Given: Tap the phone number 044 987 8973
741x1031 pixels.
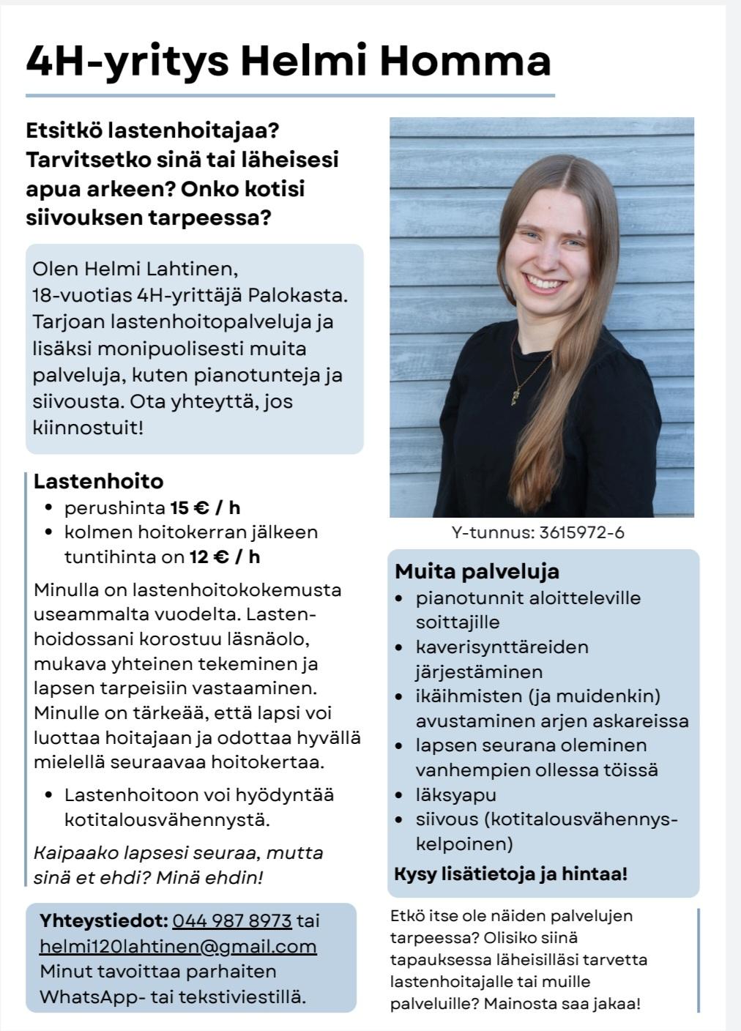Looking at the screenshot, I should click(x=232, y=921).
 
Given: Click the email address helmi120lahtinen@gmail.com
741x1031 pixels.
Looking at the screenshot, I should click(x=178, y=946).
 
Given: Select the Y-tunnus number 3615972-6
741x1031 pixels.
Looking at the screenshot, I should click(x=581, y=532).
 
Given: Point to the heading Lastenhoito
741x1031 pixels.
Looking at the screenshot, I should click(x=98, y=481).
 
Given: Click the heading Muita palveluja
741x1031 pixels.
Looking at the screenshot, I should click(x=477, y=571).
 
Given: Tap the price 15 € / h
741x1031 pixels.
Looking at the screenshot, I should click(x=205, y=507).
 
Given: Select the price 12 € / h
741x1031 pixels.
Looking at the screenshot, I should click(x=225, y=557).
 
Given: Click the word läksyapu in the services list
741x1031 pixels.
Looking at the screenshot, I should click(x=455, y=794).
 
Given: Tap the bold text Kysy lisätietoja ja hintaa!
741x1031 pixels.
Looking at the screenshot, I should click(x=510, y=874).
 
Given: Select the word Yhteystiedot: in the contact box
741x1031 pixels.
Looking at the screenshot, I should click(x=104, y=921).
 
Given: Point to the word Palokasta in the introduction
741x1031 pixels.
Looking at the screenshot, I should click(x=297, y=296).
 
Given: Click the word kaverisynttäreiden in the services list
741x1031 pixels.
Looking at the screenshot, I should click(x=502, y=647).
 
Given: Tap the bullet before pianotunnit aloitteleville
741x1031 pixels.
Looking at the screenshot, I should click(x=399, y=598).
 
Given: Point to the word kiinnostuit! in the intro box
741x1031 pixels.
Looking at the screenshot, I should click(x=88, y=428).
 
